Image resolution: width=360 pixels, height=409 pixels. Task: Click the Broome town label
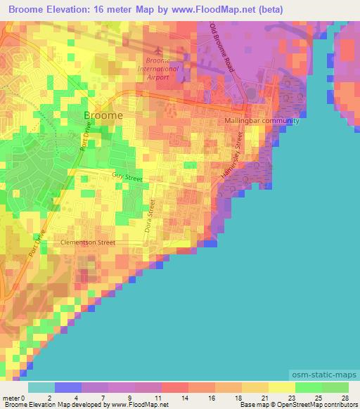click(x=103, y=115)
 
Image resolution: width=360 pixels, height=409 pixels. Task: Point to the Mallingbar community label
click(x=262, y=121)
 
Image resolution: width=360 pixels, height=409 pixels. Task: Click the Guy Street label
click(x=127, y=178)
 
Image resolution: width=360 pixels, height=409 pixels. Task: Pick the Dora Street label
click(x=149, y=216)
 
